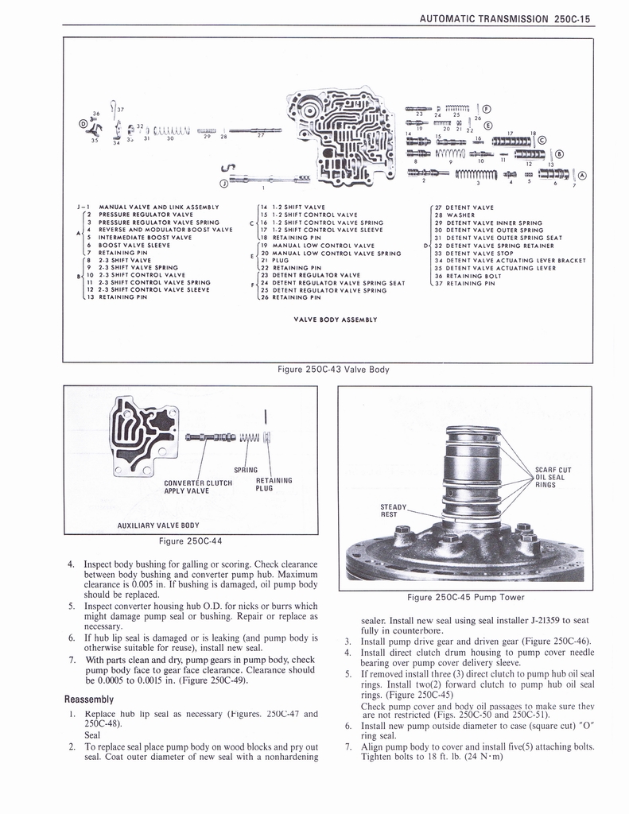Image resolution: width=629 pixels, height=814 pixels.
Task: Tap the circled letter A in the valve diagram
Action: tap(582, 176)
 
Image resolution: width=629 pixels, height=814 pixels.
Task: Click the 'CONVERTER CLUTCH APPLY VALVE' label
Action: tap(197, 486)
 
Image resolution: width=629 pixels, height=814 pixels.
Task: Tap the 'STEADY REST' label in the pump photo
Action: tap(393, 510)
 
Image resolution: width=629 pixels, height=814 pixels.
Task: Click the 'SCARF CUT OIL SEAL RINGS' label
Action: tap(553, 477)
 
